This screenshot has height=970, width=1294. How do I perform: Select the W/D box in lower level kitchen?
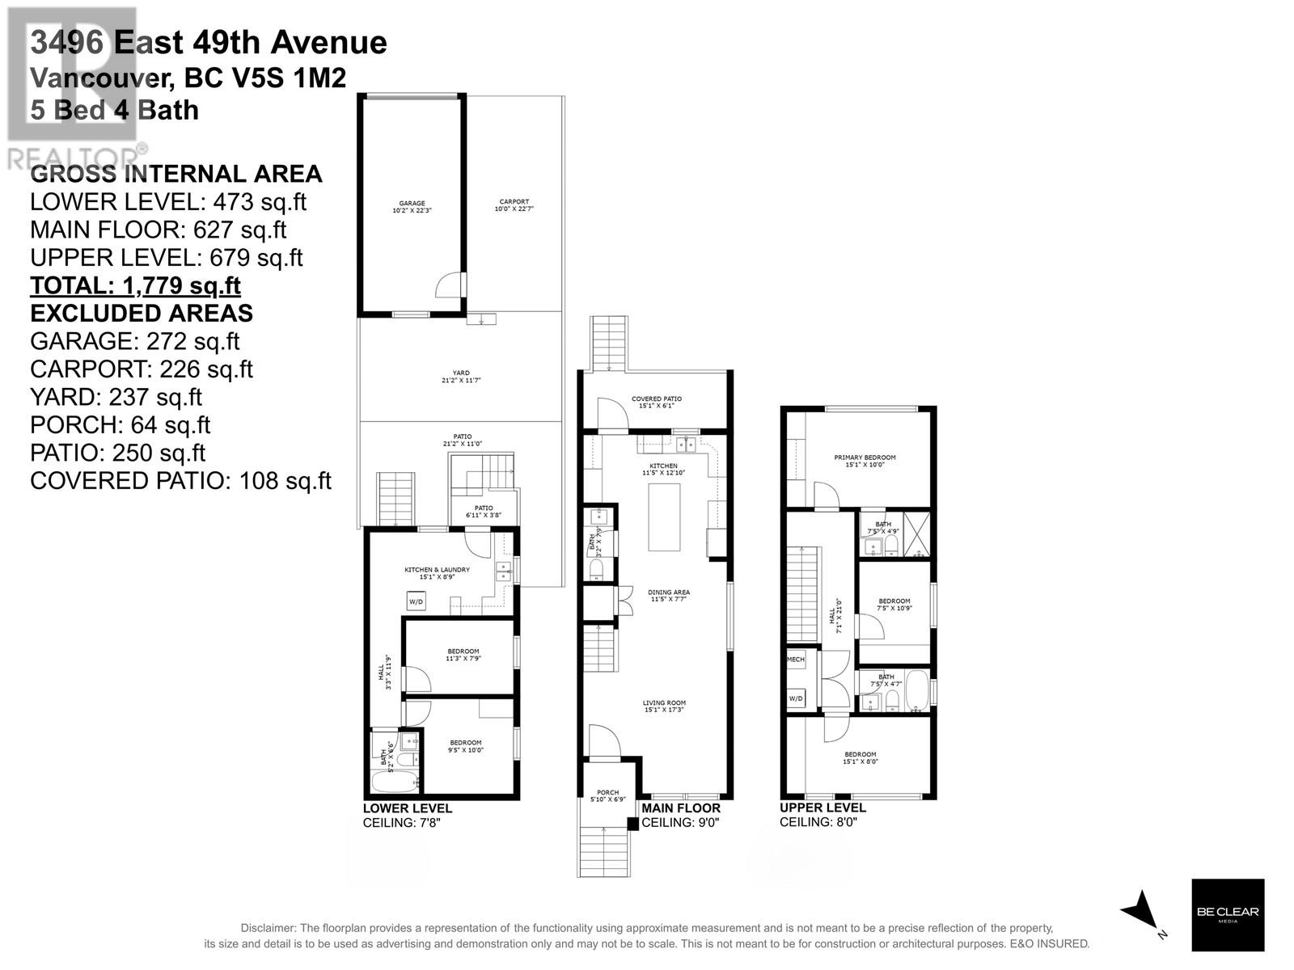point(416,601)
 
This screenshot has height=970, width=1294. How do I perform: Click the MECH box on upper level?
point(796,660)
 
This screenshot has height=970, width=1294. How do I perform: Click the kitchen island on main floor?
point(665,517)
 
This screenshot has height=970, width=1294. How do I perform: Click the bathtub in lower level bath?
point(394,782)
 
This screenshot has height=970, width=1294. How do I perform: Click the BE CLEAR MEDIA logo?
point(1228,914)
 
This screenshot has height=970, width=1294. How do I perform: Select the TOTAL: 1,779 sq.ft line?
point(135,285)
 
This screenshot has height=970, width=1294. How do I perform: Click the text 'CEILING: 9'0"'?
point(680,823)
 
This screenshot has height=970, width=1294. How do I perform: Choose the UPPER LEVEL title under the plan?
point(822,808)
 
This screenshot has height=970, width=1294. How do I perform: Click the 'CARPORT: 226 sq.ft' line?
point(141,369)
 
